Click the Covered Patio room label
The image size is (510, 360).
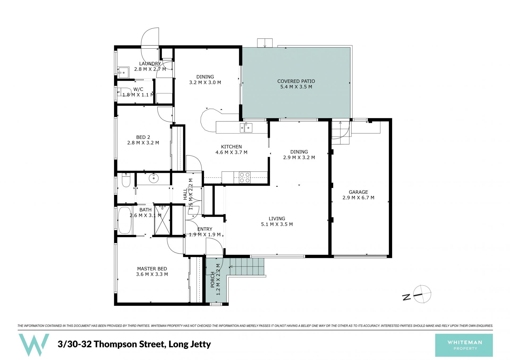pos(296,81)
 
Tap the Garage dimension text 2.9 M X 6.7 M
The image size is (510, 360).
pos(358,198)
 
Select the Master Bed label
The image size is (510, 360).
pos(152,269)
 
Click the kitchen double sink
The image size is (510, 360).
pos(246,128)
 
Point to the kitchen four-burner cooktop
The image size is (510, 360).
pos(245,177)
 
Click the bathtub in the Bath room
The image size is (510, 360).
pos(124,221)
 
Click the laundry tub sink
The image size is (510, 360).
pos(123,72)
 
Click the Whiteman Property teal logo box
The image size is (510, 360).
pos(464,345)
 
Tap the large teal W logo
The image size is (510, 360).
pos(34,345)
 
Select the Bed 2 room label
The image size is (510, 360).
pos(143,137)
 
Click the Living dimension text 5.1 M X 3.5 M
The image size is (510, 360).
pos(277,224)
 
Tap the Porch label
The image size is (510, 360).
pos(212,279)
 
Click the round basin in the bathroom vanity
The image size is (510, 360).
pos(154,178)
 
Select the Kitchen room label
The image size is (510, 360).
pos(231,147)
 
